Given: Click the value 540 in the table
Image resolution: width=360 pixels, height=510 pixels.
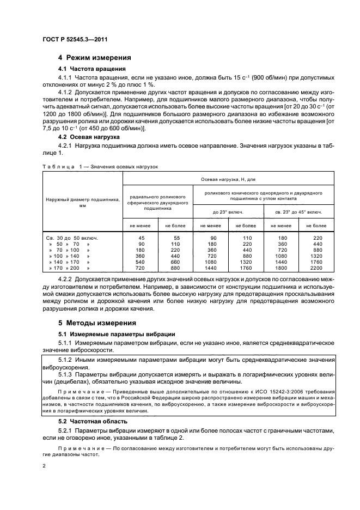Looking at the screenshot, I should (x=142, y=261).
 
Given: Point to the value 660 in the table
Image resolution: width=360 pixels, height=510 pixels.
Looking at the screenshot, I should (x=175, y=261).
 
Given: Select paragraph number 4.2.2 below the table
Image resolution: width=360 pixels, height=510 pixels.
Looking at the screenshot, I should (x=65, y=280).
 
